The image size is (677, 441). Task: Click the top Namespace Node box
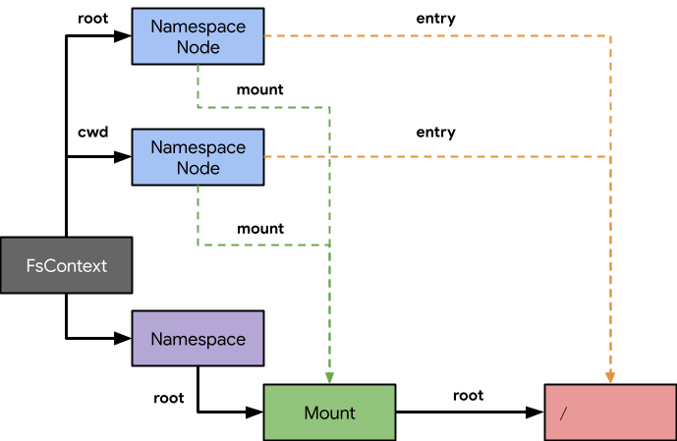pos(197,37)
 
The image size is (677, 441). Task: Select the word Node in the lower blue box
pos(197,168)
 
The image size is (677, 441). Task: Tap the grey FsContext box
pos(66,265)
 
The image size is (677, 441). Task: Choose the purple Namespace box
pos(197,339)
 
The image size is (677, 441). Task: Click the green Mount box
pos(329,413)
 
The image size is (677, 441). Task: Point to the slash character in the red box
pos(563,413)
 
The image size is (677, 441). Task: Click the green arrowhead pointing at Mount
pos(329,378)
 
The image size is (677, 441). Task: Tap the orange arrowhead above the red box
pos(610,377)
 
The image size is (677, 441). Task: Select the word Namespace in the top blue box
pos(197,27)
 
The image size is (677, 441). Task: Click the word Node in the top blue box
pos(197,47)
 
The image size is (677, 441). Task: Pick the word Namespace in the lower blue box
pos(197,147)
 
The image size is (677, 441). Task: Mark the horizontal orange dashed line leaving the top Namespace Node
pos(432,36)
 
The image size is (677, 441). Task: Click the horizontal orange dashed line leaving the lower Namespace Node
pos(462,157)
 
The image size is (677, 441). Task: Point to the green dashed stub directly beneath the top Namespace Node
pos(198,84)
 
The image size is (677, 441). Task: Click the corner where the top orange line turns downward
pos(610,36)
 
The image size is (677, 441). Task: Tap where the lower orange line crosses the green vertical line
pos(329,157)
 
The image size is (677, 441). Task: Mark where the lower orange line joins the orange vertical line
pos(610,157)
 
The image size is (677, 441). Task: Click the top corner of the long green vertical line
pos(329,106)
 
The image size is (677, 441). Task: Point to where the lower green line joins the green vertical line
pos(329,245)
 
